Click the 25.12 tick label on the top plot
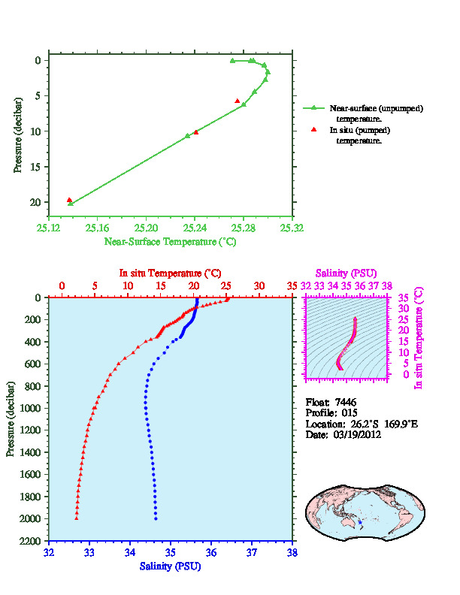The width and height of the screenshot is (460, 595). pyautogui.click(x=48, y=228)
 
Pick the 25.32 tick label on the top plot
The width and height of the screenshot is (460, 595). pyautogui.click(x=292, y=228)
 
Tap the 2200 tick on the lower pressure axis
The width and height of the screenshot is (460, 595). pyautogui.click(x=30, y=540)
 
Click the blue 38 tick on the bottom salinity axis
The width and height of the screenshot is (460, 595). pyautogui.click(x=292, y=552)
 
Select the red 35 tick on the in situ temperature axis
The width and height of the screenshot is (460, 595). pyautogui.click(x=292, y=285)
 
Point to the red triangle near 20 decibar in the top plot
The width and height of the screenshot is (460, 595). pyautogui.click(x=69, y=200)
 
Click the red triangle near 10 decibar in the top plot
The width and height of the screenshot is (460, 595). pyautogui.click(x=196, y=132)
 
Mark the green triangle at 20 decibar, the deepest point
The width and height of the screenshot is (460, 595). pyautogui.click(x=71, y=204)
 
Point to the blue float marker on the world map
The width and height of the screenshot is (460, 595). pyautogui.click(x=359, y=521)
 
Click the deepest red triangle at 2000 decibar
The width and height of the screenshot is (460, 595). pyautogui.click(x=77, y=518)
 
